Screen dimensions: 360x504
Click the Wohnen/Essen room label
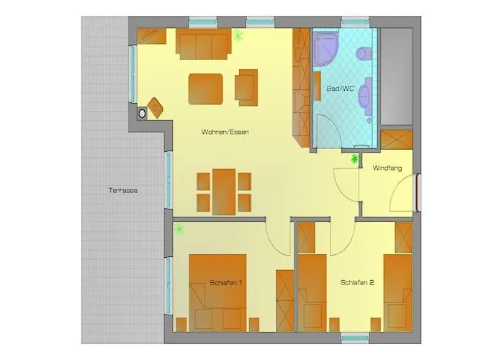(x=225, y=132)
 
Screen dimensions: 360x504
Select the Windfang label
(x=387, y=168)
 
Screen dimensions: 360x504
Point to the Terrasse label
(x=123, y=191)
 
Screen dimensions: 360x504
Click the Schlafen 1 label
(x=226, y=283)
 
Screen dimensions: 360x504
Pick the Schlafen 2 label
(x=357, y=283)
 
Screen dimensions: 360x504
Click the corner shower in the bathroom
(x=326, y=49)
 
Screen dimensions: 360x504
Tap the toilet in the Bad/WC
(x=362, y=52)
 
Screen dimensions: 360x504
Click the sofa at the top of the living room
(x=203, y=43)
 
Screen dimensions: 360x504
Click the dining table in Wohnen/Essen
(x=224, y=191)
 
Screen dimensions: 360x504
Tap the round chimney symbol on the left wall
(x=142, y=112)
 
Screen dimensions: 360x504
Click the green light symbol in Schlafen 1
(x=179, y=229)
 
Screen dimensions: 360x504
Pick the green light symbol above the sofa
(x=238, y=34)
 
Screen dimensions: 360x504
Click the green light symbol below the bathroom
(x=354, y=158)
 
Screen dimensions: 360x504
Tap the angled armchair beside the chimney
(x=156, y=107)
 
